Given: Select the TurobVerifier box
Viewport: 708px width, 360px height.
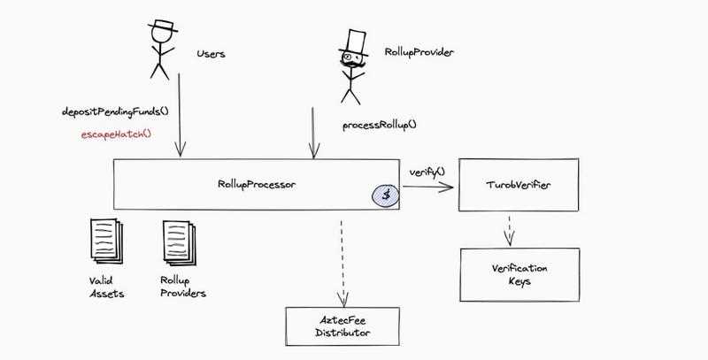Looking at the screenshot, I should [519, 186].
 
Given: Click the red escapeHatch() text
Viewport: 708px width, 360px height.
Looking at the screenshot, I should [110, 134].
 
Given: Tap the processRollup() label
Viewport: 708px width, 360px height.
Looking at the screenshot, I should [379, 126].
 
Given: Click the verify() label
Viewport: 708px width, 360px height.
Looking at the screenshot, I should [427, 170].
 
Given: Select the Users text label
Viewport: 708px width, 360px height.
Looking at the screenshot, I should [211, 54].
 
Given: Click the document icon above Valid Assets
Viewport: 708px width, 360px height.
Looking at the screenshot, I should [106, 239].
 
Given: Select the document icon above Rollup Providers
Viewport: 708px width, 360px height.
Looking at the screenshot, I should [177, 239].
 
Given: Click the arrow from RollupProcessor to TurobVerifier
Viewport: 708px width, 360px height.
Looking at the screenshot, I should [428, 186].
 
